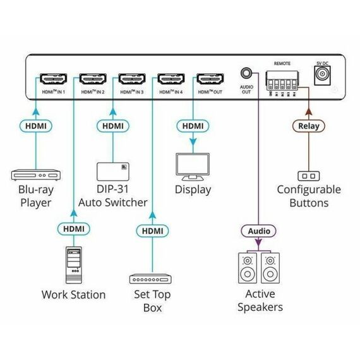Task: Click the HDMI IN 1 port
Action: [x=53, y=80]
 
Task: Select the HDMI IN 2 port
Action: [x=92, y=80]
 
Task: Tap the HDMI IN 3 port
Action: [x=131, y=80]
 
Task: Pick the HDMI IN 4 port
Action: [x=171, y=80]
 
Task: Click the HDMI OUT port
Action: [x=210, y=80]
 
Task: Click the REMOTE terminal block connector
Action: [x=282, y=80]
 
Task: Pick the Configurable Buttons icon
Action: [x=308, y=175]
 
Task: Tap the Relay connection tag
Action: [x=309, y=126]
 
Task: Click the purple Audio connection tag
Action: [x=258, y=231]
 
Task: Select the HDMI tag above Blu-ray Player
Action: [x=35, y=126]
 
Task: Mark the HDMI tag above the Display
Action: [x=192, y=126]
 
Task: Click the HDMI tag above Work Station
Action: [x=73, y=227]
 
